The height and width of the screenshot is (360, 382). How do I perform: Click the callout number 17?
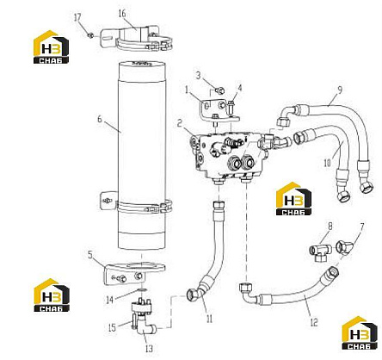(x=77, y=17)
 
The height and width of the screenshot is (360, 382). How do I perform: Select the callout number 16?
(x=122, y=13)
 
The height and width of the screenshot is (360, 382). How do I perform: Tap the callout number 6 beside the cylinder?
(x=100, y=119)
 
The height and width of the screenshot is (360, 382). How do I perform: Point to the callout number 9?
(x=340, y=90)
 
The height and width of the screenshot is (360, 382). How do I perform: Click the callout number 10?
(x=327, y=163)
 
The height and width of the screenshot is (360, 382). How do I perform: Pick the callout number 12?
(x=314, y=322)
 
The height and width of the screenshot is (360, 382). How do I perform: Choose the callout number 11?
(x=209, y=319)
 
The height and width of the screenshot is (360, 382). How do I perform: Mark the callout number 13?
(x=149, y=349)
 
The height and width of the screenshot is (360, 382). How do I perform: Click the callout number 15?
(x=112, y=327)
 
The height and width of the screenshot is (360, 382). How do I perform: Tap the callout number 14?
(x=110, y=300)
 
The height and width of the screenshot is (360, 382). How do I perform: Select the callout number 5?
(x=90, y=255)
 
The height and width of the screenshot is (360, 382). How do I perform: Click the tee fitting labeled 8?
(x=320, y=251)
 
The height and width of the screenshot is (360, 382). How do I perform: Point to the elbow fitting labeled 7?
(x=343, y=247)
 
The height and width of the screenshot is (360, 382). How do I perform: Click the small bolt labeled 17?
(x=89, y=35)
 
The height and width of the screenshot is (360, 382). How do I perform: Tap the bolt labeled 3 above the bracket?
(x=220, y=91)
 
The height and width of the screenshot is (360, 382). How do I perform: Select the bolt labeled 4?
(x=231, y=107)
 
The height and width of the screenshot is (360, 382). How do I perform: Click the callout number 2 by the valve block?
(x=180, y=123)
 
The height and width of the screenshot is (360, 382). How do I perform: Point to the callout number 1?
(x=187, y=90)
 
